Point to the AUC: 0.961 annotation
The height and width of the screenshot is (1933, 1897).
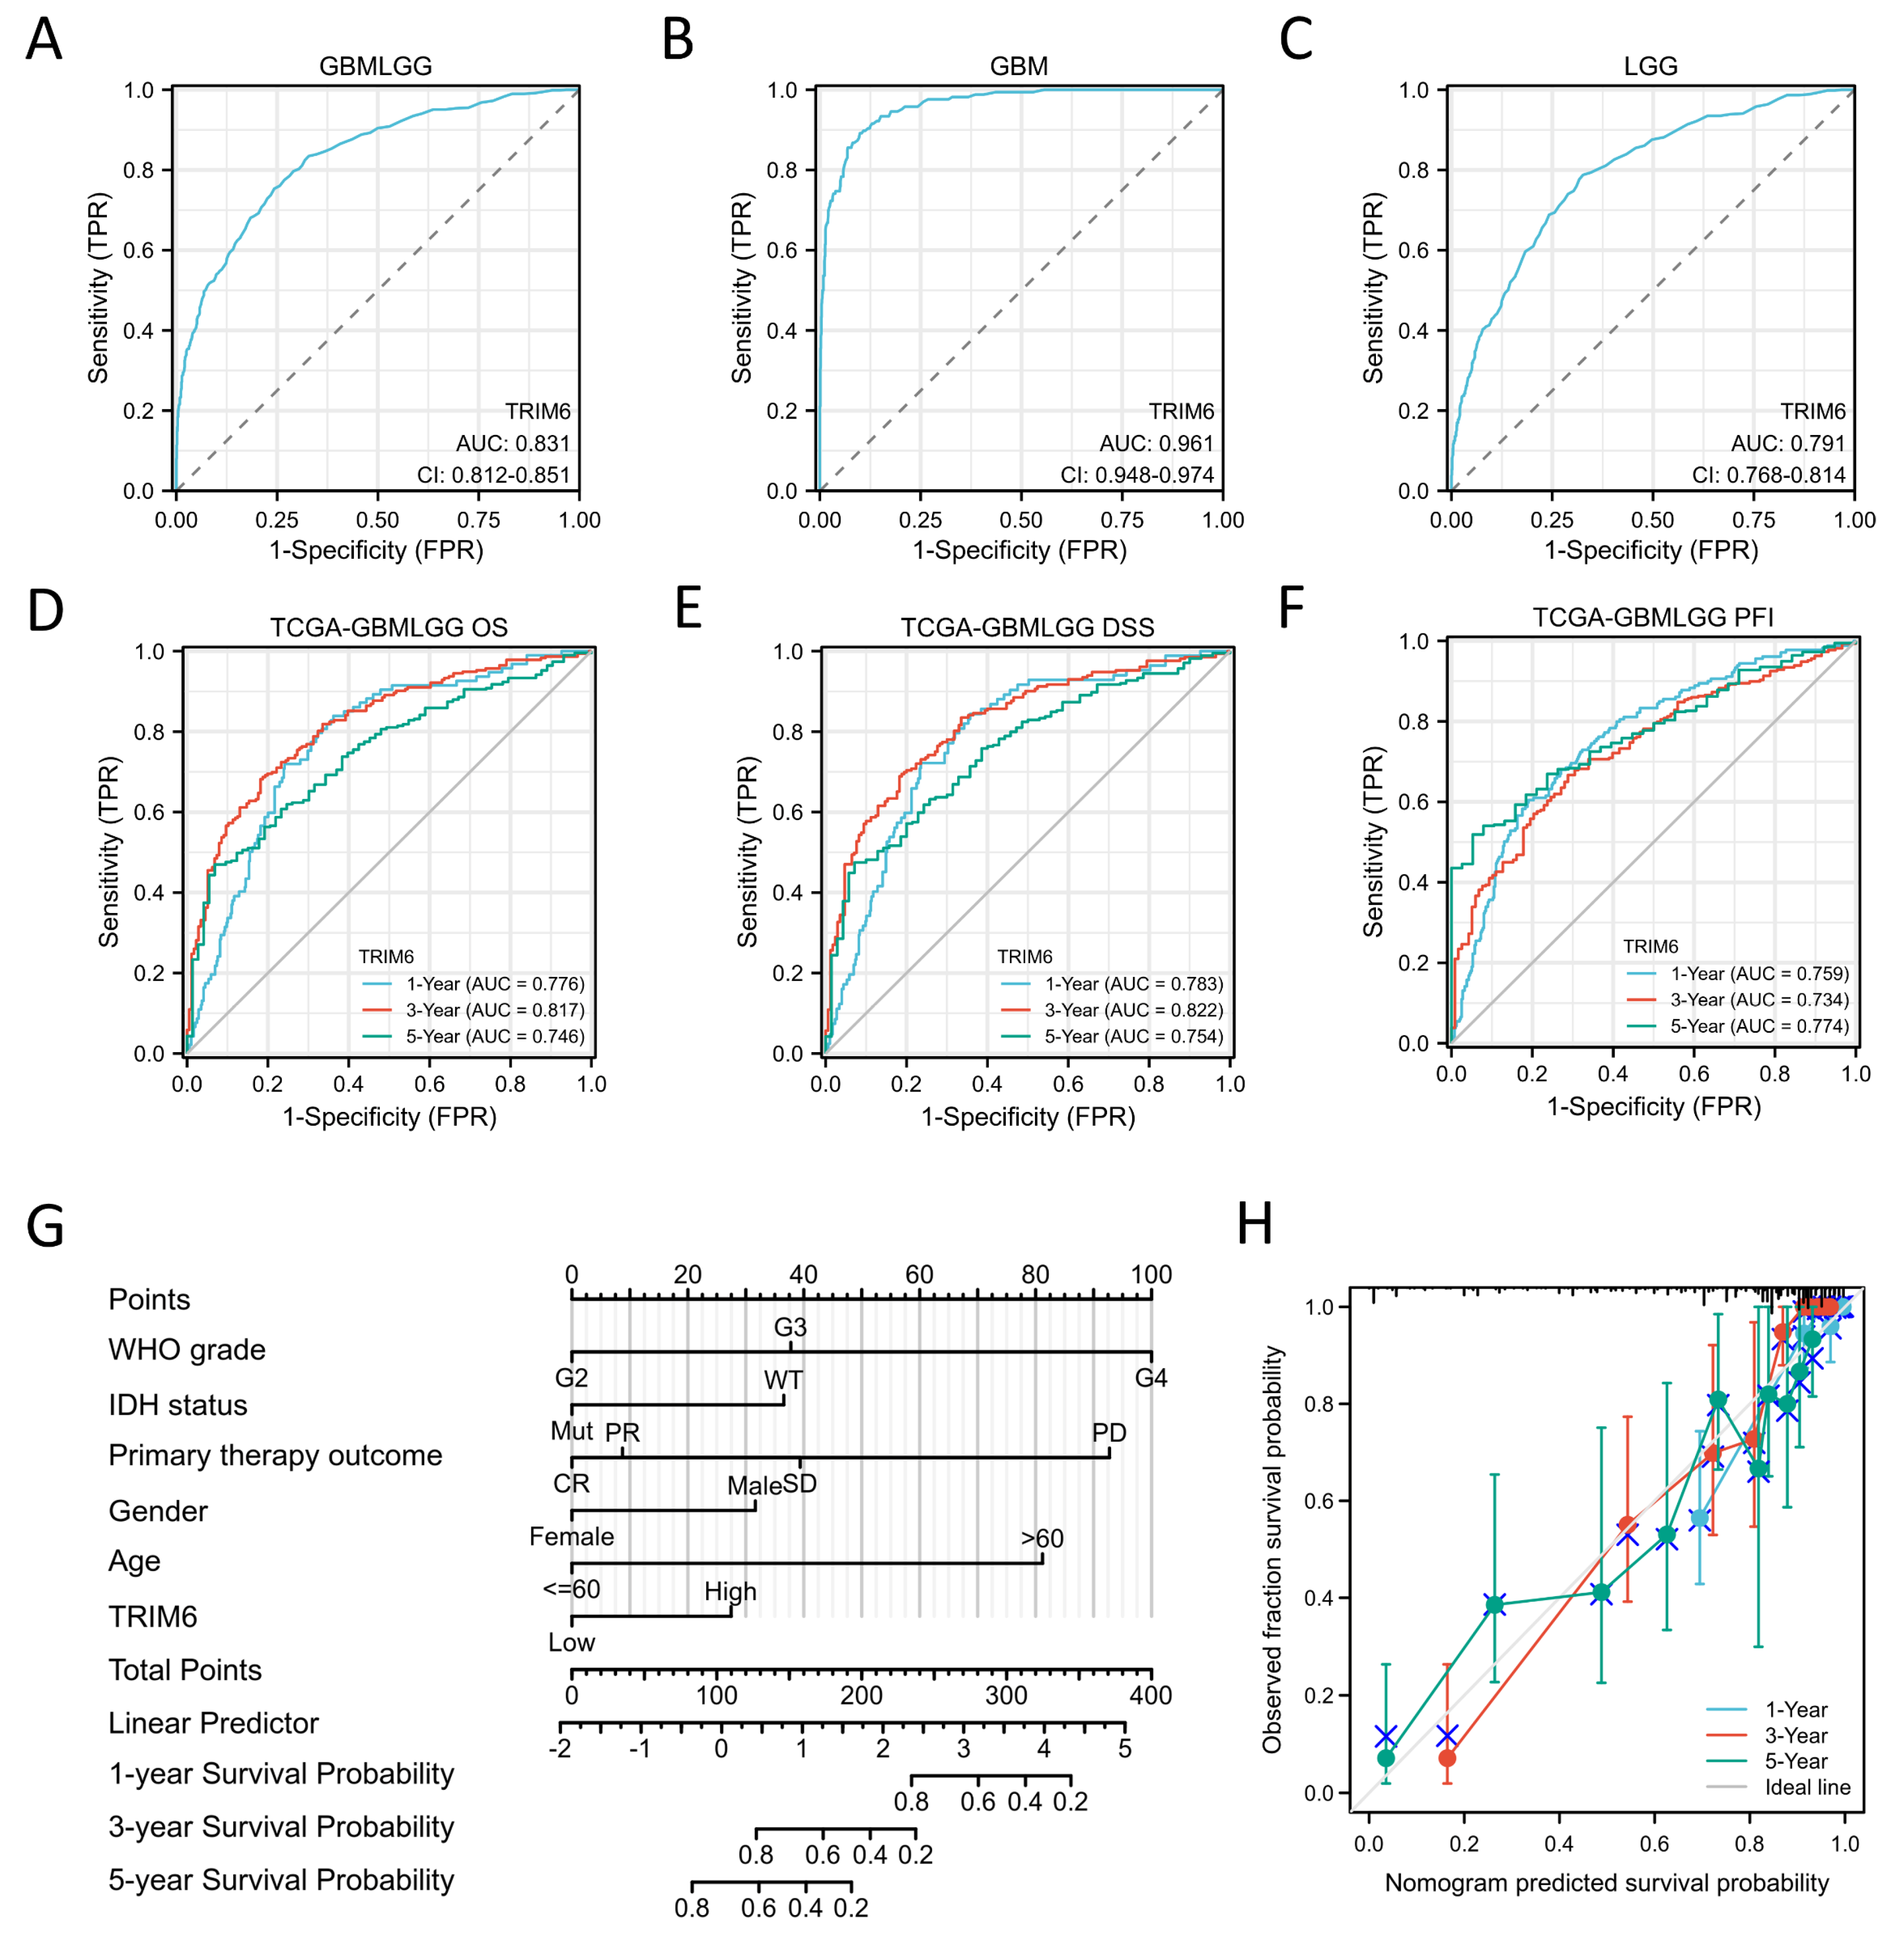1156,443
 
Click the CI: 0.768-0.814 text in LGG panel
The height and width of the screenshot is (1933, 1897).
1769,475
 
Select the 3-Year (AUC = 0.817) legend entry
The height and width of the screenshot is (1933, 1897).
494,1009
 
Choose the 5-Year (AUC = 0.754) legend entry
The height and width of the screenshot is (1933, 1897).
1133,1036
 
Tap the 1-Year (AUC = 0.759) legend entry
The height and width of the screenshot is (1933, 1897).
1758,973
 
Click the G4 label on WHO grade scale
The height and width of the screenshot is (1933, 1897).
1151,1378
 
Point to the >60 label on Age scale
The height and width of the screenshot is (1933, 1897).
1042,1538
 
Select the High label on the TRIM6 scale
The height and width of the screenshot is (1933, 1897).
730,1591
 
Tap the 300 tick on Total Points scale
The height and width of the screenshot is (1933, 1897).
1006,1695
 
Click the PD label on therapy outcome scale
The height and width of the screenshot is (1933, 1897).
1109,1433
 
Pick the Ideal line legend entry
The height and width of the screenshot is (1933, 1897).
1806,1787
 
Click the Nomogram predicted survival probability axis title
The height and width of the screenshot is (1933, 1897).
1606,1882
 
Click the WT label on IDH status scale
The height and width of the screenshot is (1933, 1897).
783,1380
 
